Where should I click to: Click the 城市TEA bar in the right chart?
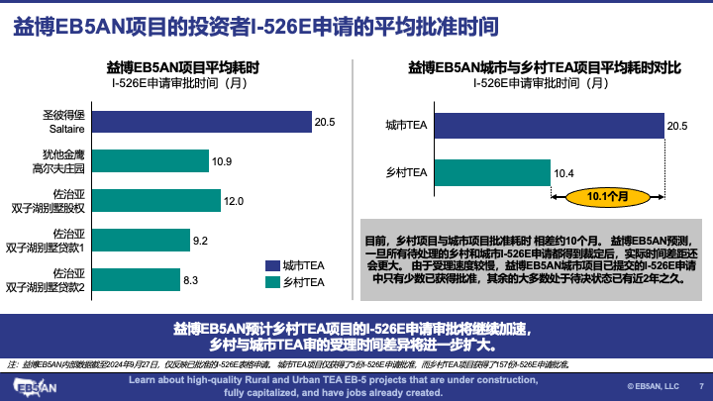(548, 126)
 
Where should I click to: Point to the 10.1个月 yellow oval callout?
(608, 196)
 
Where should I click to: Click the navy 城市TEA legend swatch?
(273, 264)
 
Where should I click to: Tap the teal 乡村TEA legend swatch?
(273, 283)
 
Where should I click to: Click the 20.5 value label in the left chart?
(326, 123)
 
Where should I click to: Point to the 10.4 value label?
(563, 174)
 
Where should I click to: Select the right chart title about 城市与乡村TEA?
(545, 67)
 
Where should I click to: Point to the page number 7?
(701, 386)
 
